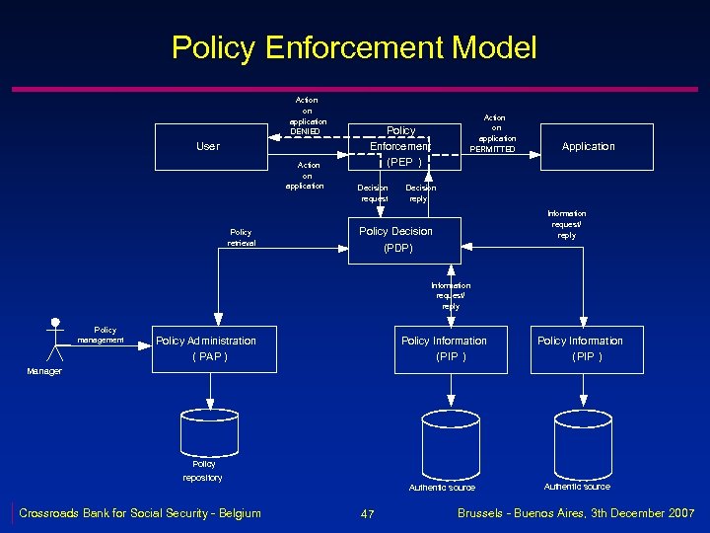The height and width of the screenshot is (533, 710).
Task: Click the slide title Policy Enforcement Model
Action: click(354, 47)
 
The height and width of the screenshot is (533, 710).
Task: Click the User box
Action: click(208, 147)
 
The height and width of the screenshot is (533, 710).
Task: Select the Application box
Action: click(588, 147)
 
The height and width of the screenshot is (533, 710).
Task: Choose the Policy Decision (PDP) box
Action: click(395, 240)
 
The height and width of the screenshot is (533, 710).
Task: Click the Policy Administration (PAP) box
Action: click(207, 348)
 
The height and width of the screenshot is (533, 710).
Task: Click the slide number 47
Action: click(368, 514)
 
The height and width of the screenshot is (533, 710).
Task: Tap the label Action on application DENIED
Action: click(307, 115)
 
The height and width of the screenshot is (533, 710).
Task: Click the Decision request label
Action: click(373, 192)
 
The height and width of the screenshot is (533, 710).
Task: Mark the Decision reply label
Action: click(420, 192)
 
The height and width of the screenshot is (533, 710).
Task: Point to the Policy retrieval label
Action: click(241, 238)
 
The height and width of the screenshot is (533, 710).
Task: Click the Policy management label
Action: click(104, 335)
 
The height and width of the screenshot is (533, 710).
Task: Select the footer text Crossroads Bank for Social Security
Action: click(140, 512)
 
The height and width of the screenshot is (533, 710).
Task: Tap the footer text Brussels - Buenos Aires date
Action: click(576, 513)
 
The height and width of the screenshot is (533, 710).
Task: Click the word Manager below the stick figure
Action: click(43, 371)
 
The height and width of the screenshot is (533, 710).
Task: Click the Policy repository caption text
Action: click(203, 470)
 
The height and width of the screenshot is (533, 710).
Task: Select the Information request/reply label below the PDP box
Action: click(451, 296)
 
